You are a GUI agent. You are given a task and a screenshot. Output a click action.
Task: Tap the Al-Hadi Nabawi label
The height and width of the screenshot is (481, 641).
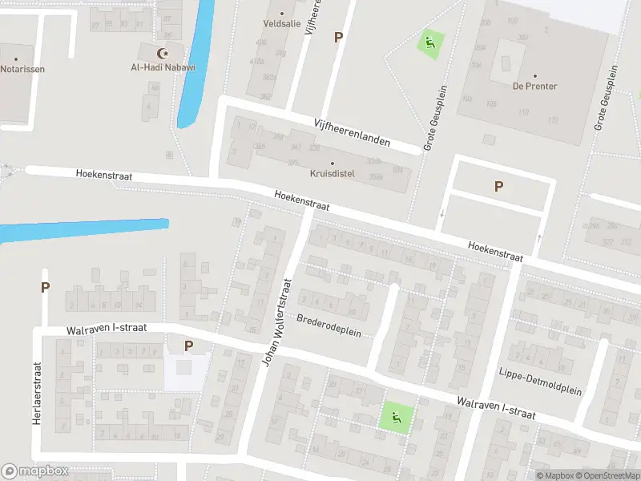[163, 67]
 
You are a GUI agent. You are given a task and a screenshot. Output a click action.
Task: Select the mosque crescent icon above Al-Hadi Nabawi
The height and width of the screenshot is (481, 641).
[164, 54]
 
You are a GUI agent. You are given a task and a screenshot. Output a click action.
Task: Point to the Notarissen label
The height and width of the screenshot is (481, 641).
[22, 69]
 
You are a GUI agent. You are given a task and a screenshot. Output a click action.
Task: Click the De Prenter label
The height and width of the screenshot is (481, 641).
[534, 86]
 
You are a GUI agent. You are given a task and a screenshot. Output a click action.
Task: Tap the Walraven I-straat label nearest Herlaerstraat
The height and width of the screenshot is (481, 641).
[104, 329]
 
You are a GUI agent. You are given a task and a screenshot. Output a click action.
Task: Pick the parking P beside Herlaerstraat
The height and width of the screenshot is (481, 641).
[45, 287]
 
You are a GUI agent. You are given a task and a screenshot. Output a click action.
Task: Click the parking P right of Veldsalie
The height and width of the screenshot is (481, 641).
[338, 37]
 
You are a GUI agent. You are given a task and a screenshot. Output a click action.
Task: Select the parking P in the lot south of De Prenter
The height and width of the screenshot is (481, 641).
[498, 187]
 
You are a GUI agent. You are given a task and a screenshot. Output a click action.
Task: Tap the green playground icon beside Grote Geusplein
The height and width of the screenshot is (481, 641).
[430, 42]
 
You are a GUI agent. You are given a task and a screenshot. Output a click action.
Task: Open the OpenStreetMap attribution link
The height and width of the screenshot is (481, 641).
[607, 476]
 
